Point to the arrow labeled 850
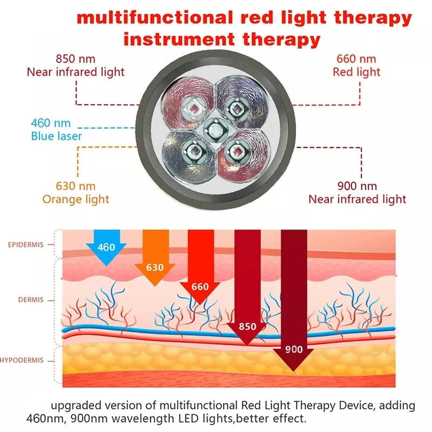[x=247, y=313]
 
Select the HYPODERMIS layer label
[x=22, y=360]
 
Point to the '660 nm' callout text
[x=356, y=59]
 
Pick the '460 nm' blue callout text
[x=51, y=124]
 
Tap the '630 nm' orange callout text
[x=76, y=186]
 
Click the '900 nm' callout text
[x=357, y=186]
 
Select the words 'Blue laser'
[x=56, y=136]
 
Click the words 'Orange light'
[x=76, y=199]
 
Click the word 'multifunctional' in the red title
[x=153, y=18]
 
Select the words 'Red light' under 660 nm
[x=356, y=72]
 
